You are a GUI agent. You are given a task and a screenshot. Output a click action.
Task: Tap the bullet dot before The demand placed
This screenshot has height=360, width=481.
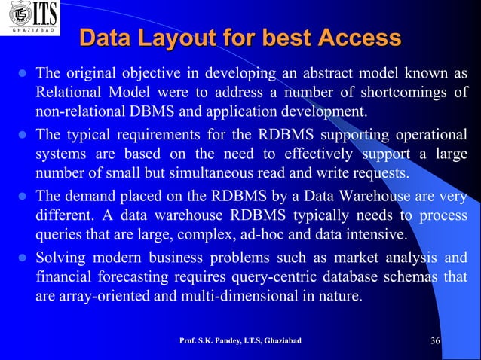pyautogui.click(x=22, y=197)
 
